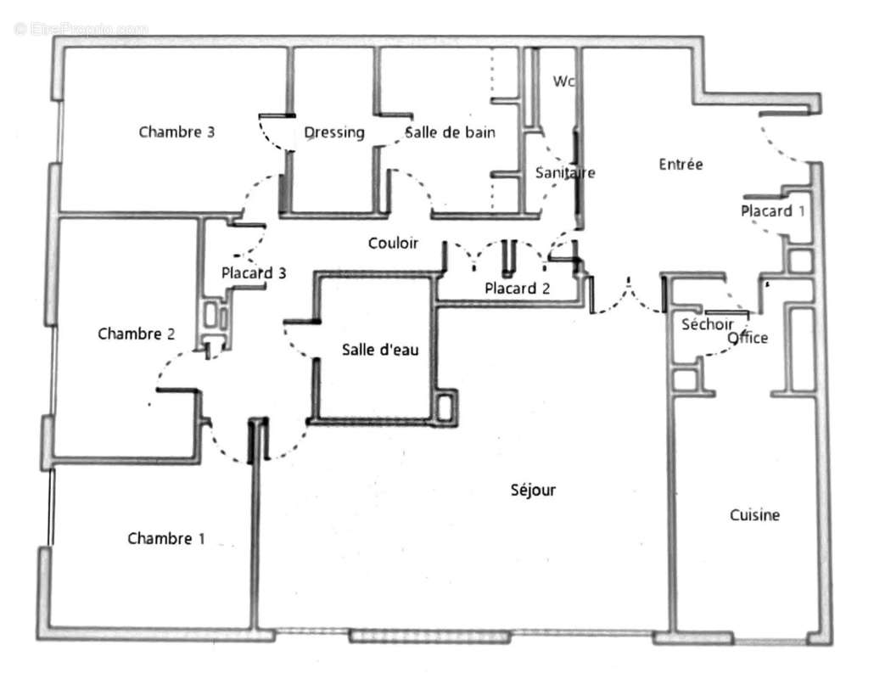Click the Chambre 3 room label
[176, 132]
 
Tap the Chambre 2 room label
[136, 334]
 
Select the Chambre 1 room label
[165, 538]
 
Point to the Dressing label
[333, 132]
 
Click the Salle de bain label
[450, 132]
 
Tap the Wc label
[563, 81]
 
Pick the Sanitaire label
[564, 172]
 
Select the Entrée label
[681, 165]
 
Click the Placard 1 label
[771, 210]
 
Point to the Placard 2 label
[517, 289]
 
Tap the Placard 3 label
[253, 273]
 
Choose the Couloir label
[393, 244]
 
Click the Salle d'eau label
[380, 350]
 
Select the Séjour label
[533, 490]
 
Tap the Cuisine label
[754, 515]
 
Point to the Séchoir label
[708, 324]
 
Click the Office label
[748, 338]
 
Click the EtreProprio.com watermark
[81, 29]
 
